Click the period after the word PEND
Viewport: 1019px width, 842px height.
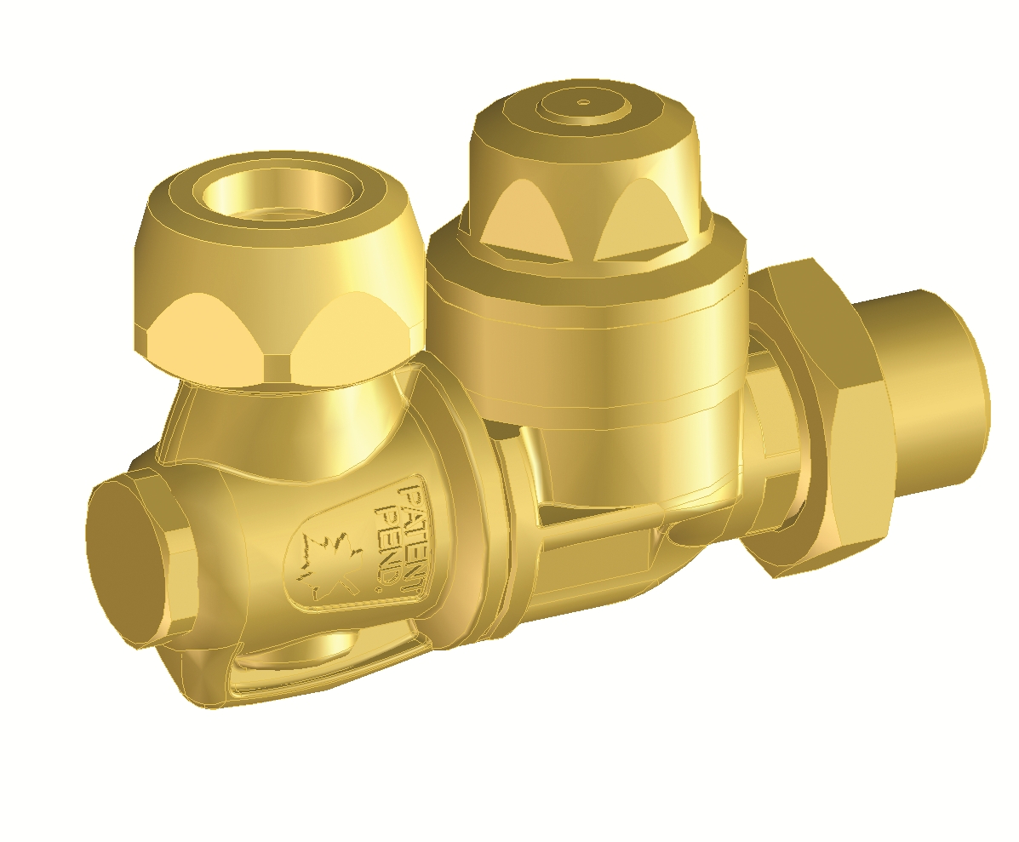380,590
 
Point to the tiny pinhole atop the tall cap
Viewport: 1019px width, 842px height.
585,102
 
